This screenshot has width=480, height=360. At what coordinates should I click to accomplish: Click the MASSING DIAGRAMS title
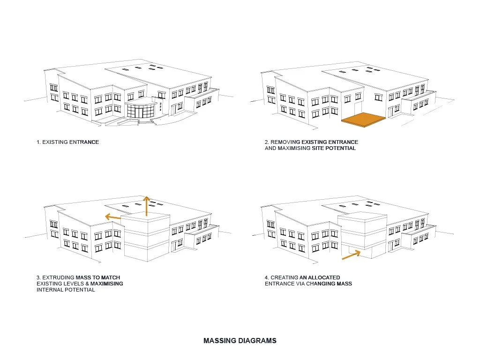click(x=240, y=341)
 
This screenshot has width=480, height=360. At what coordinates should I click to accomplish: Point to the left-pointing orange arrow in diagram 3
click(x=112, y=217)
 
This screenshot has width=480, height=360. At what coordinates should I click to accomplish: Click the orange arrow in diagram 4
click(x=351, y=255)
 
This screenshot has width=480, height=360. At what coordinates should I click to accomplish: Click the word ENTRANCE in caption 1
click(x=84, y=142)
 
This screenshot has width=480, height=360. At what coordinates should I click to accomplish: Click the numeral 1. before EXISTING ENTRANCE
click(x=38, y=142)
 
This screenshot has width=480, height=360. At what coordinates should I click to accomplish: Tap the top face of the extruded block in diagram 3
click(x=146, y=217)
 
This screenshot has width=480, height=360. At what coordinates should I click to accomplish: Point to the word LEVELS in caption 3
click(x=69, y=284)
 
